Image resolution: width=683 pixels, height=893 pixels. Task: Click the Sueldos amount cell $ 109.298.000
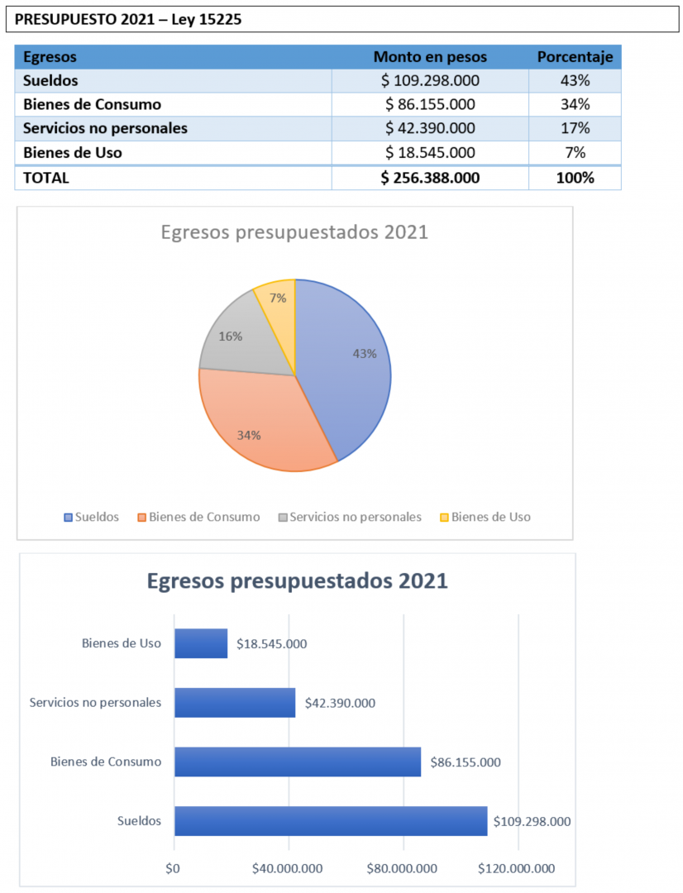430,81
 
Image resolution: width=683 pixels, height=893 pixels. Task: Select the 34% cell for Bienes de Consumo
575,105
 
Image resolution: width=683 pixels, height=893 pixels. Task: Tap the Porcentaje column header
575,57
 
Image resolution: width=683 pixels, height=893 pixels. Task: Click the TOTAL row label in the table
46,179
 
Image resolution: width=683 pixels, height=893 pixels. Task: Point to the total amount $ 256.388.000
430,179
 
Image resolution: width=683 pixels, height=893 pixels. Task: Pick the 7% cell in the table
575,153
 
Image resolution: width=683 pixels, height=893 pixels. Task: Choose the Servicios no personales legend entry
350,517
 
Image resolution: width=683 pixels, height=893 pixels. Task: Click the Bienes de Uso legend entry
485,517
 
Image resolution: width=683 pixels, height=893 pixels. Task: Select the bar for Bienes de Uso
201,643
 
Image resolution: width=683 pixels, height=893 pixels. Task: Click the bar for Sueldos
331,821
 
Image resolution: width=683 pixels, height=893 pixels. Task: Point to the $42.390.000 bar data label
340,704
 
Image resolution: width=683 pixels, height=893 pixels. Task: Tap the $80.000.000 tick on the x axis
402,868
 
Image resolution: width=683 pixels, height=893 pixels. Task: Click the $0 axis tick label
173,868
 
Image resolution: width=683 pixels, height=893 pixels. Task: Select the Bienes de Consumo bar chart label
105,762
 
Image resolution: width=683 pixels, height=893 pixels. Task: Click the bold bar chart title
298,581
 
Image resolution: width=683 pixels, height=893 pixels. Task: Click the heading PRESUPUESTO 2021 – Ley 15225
128,19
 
